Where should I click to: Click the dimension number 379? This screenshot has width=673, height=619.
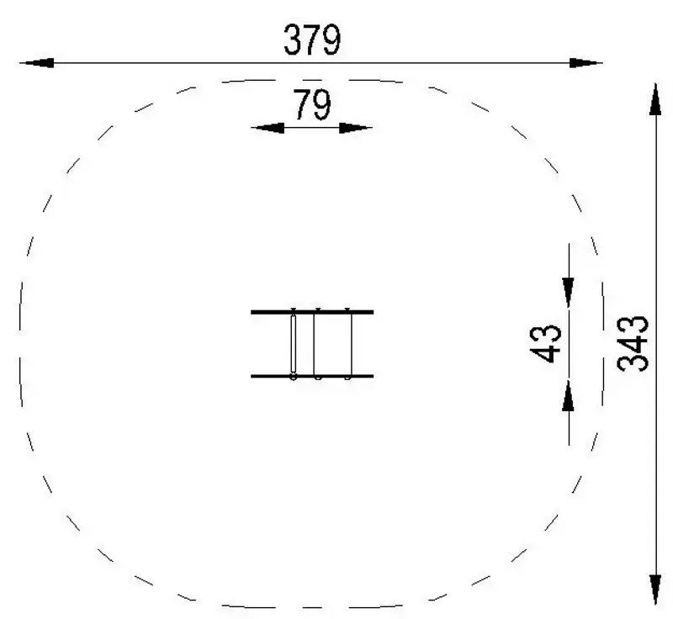pyautogui.click(x=312, y=40)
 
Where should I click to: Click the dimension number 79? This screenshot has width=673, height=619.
pyautogui.click(x=312, y=104)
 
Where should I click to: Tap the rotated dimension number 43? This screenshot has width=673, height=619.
pyautogui.click(x=545, y=344)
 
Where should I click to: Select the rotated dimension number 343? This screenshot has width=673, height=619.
pyautogui.click(x=633, y=344)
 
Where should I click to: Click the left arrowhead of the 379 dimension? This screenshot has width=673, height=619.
pyautogui.click(x=37, y=63)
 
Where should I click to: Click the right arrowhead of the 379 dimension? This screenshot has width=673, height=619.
pyautogui.click(x=586, y=63)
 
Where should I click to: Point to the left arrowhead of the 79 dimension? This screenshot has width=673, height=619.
pyautogui.click(x=268, y=128)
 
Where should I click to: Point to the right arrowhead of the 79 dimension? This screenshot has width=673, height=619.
pyautogui.click(x=355, y=128)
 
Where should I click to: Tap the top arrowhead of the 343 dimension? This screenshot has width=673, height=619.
pyautogui.click(x=655, y=99)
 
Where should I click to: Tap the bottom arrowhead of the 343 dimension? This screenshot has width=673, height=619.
pyautogui.click(x=655, y=589)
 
